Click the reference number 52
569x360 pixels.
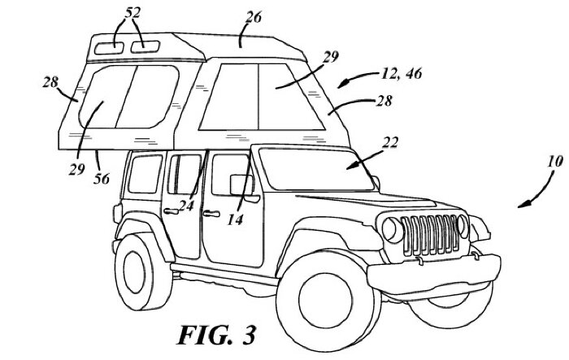click(x=131, y=13)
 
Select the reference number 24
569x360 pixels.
click(x=186, y=206)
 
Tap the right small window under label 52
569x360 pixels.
click(x=146, y=46)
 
